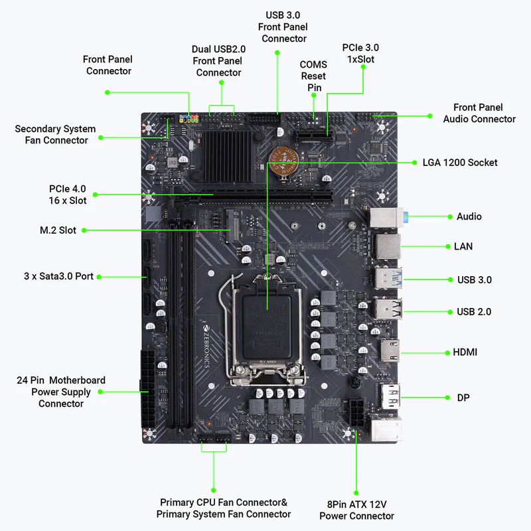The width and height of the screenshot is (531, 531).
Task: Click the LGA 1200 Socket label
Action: (x=460, y=163)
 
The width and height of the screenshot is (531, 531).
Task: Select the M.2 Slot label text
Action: (x=58, y=230)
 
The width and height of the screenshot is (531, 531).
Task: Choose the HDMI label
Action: (x=465, y=352)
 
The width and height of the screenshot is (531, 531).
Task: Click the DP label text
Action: (x=463, y=398)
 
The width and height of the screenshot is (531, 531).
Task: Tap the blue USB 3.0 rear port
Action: (x=387, y=278)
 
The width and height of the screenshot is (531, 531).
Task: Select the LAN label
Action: (x=463, y=246)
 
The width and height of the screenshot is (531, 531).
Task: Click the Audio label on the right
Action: (x=469, y=216)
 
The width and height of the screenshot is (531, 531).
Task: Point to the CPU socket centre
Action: (x=266, y=319)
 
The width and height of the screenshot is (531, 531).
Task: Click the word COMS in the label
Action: (x=313, y=64)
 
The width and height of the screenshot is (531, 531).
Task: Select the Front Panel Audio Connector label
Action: (x=479, y=113)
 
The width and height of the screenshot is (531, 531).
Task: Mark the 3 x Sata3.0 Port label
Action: (x=58, y=275)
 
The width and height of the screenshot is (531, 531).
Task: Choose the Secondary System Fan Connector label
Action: (x=55, y=134)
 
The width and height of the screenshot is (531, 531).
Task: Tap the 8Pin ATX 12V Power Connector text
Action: (x=356, y=510)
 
